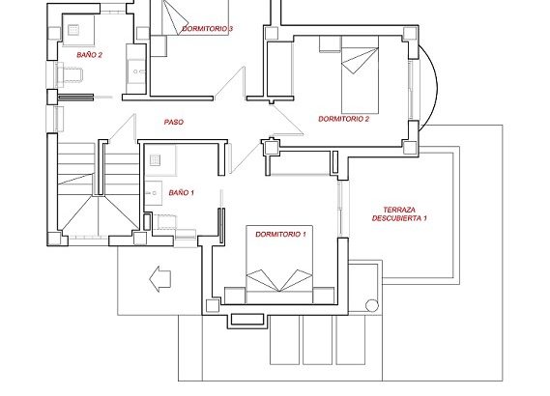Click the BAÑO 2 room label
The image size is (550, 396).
coord(90,55)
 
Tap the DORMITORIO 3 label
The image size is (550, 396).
coord(207,29)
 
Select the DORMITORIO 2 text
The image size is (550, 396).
coord(344,119)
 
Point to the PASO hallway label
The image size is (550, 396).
coord(174,122)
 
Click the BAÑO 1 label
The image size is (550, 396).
coord(182,192)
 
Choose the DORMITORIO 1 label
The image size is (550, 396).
coord(280,234)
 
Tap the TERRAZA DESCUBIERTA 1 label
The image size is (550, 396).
coord(399,214)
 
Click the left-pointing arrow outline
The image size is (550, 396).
coord(159,278)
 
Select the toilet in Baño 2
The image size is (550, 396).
coord(70,75)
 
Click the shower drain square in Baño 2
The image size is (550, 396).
coord(73,30)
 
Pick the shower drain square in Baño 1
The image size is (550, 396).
coord(156,160)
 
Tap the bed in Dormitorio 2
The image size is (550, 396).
coord(361,75)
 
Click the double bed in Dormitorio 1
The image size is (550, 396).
coord(279,265)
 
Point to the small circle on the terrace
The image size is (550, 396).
coord(372,305)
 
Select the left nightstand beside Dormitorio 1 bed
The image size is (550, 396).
coord(235,296)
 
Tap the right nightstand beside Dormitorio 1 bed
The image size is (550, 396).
coord(324,296)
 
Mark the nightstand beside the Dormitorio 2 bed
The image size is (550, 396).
coord(330,44)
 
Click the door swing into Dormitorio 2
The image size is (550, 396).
coord(288,120)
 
